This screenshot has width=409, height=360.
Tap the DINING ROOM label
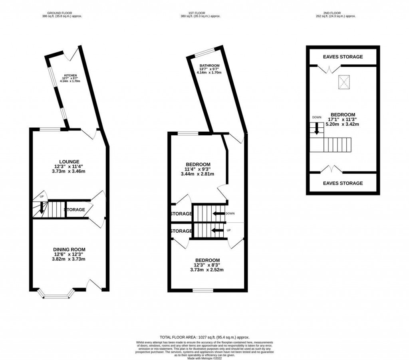(70, 249)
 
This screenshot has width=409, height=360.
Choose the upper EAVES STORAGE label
(343, 57)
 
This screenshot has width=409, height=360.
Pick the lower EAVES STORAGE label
(343, 183)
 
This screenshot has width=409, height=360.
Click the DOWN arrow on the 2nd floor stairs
(316, 129)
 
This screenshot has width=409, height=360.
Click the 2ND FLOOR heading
(339, 13)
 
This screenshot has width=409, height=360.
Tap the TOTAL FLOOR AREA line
(204, 337)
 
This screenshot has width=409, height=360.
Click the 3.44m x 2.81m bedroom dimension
(198, 174)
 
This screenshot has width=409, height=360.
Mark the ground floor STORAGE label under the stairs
(74, 210)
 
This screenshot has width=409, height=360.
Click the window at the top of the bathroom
(204, 52)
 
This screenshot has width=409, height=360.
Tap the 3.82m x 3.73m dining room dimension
(70, 259)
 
